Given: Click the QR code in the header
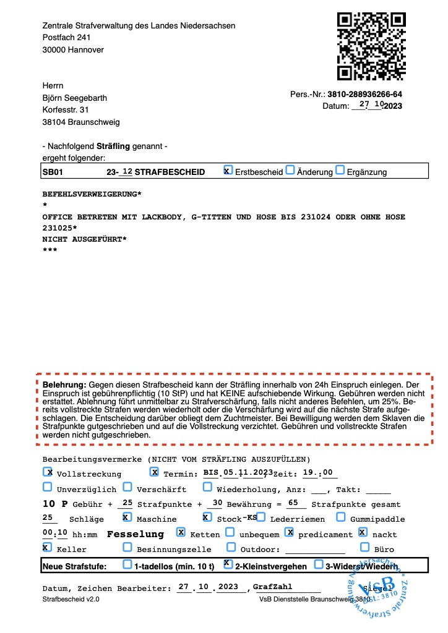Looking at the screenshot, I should point(371,46).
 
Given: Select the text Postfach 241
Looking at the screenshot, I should point(66,38).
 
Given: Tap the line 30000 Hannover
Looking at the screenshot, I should point(73,50).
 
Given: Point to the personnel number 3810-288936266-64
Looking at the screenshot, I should point(365,95).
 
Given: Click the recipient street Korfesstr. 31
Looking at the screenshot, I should point(66,109).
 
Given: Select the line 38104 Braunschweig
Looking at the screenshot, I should point(81,122).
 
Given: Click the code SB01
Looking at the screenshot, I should point(53,172).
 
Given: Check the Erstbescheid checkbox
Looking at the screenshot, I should point(228,171).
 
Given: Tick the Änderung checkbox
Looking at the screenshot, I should point(290,171).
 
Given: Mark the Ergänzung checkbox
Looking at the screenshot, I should point(339,171).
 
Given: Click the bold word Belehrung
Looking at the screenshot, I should point(60,384).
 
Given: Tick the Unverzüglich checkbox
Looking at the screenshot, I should point(48,487).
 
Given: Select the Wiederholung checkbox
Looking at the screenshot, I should point(207,487).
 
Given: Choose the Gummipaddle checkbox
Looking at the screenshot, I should point(341,517).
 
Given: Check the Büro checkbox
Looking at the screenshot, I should point(364,547).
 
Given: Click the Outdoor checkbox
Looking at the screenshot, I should point(231,547).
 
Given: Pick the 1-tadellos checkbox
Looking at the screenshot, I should point(127,564).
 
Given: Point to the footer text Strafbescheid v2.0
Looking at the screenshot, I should point(71,600).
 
